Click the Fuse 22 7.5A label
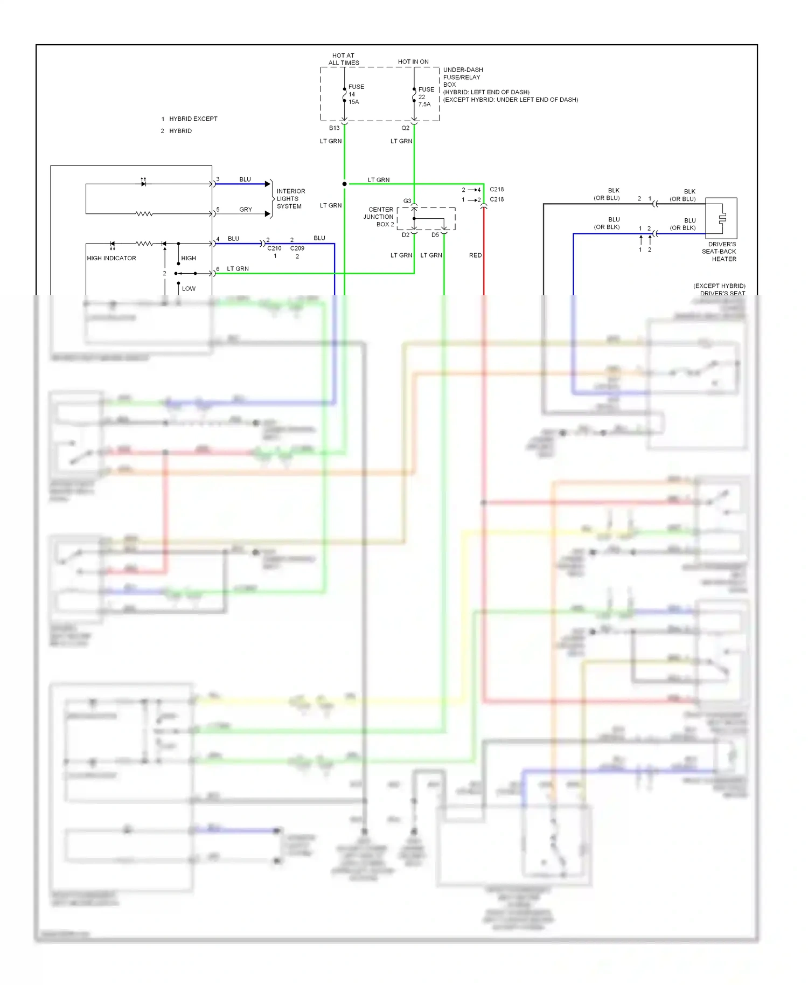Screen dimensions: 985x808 click(x=426, y=97)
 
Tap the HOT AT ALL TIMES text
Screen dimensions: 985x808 click(x=344, y=59)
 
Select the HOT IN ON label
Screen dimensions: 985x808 click(x=413, y=62)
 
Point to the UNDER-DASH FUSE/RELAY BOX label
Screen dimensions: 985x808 click(x=463, y=77)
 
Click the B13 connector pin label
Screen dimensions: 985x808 click(x=334, y=128)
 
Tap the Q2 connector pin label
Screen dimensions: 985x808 click(x=405, y=128)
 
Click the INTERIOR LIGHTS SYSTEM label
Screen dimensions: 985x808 click(x=290, y=199)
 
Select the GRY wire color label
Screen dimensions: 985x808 click(x=246, y=210)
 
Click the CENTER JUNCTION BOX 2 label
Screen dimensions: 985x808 click(x=380, y=217)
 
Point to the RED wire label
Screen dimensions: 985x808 click(x=475, y=255)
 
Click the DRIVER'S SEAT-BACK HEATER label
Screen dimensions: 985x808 click(x=721, y=252)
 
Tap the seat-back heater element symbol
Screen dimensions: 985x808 click(x=722, y=218)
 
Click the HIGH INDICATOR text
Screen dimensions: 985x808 click(x=112, y=259)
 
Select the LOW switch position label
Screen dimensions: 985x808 click(x=189, y=289)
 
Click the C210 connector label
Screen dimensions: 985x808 click(x=274, y=248)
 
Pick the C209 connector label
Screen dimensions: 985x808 click(x=297, y=248)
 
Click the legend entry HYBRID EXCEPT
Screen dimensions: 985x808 click(x=193, y=119)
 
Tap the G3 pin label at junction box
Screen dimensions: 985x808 click(x=407, y=201)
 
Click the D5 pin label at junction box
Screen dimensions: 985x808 click(x=435, y=235)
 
